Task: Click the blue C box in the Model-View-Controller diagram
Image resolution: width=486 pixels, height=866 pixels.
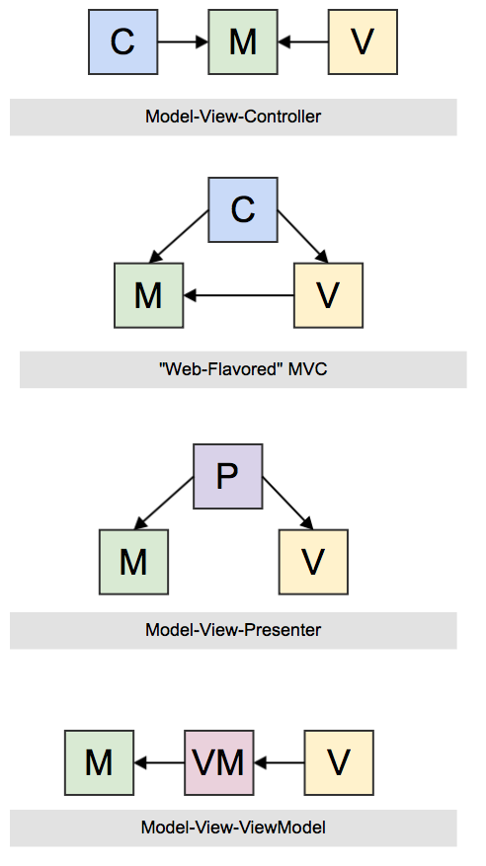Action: coord(122,42)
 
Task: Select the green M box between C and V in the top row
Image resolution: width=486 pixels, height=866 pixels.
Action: coord(243,42)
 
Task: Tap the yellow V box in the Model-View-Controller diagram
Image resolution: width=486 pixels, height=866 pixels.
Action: coord(363,42)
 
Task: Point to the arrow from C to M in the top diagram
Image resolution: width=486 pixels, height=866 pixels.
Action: coord(182,42)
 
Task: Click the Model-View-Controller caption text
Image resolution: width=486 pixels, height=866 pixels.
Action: coord(233,117)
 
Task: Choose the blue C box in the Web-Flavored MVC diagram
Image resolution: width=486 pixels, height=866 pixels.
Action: coord(242,209)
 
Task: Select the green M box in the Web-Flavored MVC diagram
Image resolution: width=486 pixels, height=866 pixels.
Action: coord(148,294)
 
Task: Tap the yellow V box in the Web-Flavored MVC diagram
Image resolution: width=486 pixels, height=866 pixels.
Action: coord(329,294)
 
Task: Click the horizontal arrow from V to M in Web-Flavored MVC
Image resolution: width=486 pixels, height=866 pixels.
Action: coord(238,294)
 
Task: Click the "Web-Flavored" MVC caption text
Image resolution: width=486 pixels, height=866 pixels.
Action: coord(242,370)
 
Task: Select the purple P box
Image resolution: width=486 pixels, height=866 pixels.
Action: coord(226,476)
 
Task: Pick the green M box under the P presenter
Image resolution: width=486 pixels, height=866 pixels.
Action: coord(133,561)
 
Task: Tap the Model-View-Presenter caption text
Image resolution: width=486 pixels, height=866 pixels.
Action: coord(233,629)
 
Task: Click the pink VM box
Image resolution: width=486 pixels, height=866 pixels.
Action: coord(219,763)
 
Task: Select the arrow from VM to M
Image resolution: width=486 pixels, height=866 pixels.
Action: coord(159,763)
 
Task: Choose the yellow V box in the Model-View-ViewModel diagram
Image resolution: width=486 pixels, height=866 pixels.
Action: coord(339,763)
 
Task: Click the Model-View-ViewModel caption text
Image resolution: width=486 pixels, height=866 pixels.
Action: coord(233,827)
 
